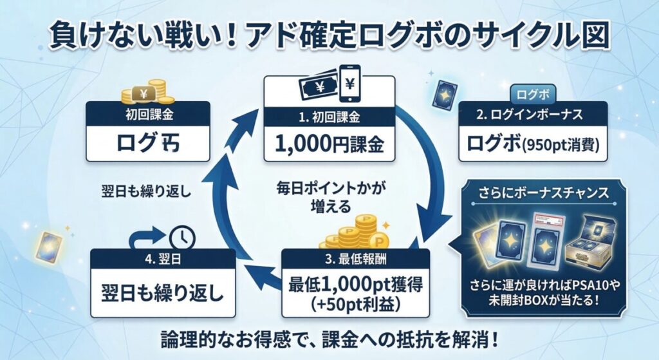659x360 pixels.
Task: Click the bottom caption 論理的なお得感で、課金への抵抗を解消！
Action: pos(329,338)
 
